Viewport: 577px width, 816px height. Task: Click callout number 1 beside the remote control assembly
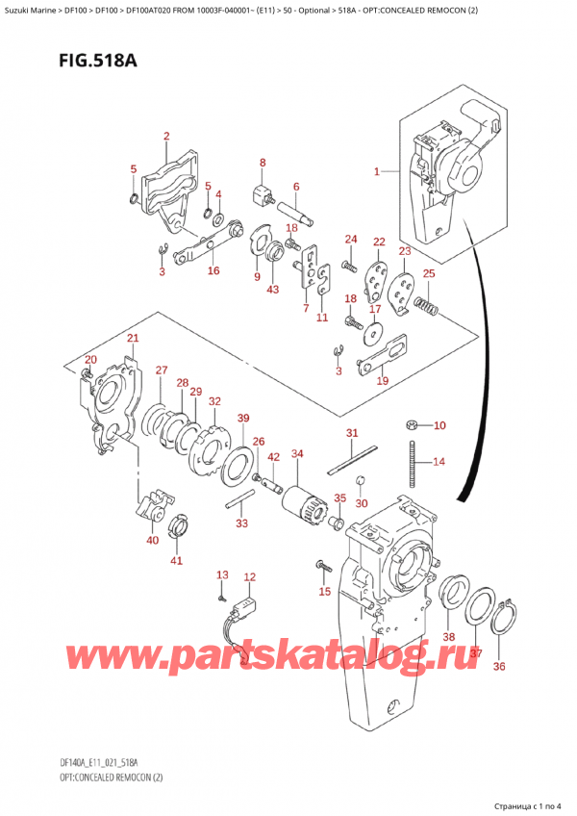click(378, 172)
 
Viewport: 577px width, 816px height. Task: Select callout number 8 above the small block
click(263, 163)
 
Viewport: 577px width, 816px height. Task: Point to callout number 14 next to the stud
click(439, 462)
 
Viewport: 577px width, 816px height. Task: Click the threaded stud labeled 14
click(413, 460)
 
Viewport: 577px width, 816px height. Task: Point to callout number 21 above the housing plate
click(133, 338)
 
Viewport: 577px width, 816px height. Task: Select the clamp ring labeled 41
click(179, 526)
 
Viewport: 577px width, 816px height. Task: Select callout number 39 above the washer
click(243, 418)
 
